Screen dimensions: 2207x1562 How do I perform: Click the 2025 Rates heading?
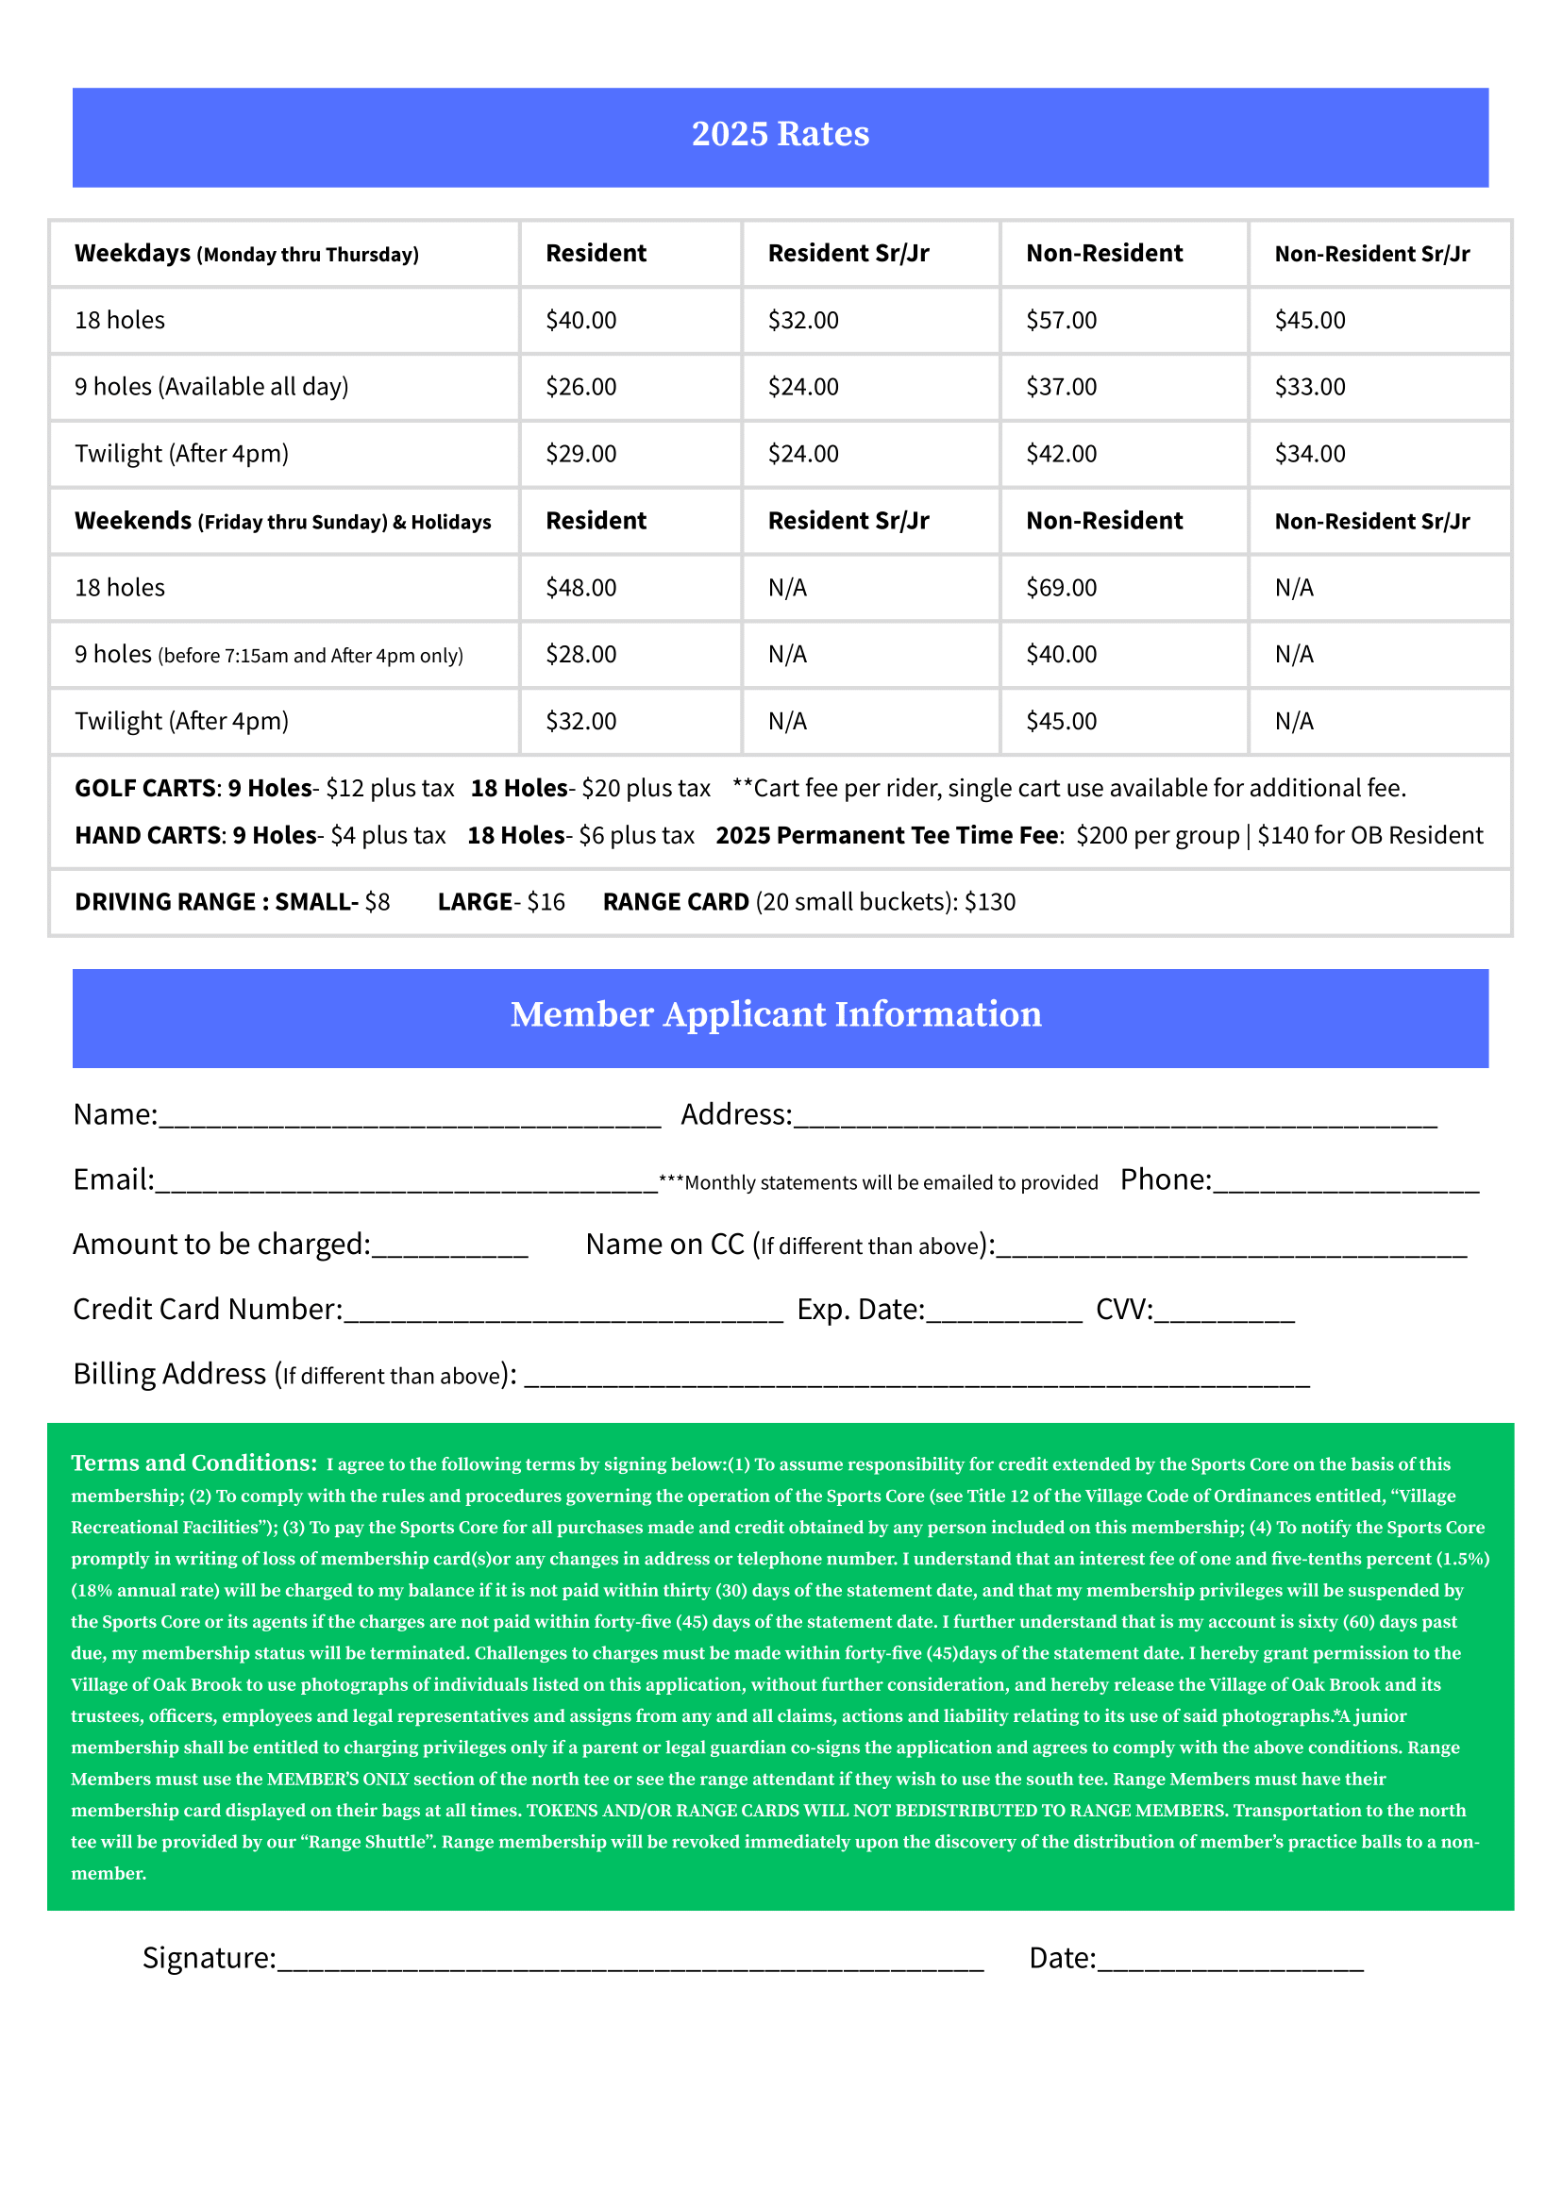pos(780,134)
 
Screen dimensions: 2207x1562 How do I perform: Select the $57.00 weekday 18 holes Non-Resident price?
pos(1061,320)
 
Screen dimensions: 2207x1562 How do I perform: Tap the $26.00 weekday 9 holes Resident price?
pos(581,387)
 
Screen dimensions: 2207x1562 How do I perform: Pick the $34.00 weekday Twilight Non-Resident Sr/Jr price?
pos(1310,454)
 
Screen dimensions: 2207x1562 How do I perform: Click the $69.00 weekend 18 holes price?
pos(1061,588)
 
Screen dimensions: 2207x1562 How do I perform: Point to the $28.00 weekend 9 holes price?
pos(581,654)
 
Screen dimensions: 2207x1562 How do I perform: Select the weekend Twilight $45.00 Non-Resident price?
pos(1061,721)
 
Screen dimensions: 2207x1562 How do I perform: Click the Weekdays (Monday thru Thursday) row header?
pos(246,254)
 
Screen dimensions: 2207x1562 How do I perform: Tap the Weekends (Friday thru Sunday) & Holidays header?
pos(282,521)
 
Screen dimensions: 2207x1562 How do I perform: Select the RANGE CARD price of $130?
pos(990,902)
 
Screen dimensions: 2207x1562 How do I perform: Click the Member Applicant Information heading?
pos(775,1014)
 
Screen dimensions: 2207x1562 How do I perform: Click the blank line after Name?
pos(410,1120)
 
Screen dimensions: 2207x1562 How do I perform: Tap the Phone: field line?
pos(1346,1186)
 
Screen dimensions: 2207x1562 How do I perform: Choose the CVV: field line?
pos(1223,1315)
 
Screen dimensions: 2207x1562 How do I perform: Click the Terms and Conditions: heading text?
pos(193,1463)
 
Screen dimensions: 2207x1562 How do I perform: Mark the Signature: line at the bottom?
pos(630,1965)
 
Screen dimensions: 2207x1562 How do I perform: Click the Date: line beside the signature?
pos(1230,1965)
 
